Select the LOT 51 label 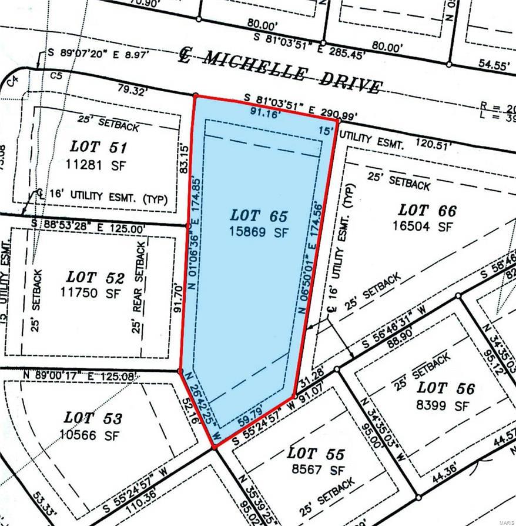(99, 147)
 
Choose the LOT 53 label (93, 418)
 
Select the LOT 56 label (445, 388)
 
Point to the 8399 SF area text (445, 405)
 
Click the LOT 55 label (314, 454)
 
